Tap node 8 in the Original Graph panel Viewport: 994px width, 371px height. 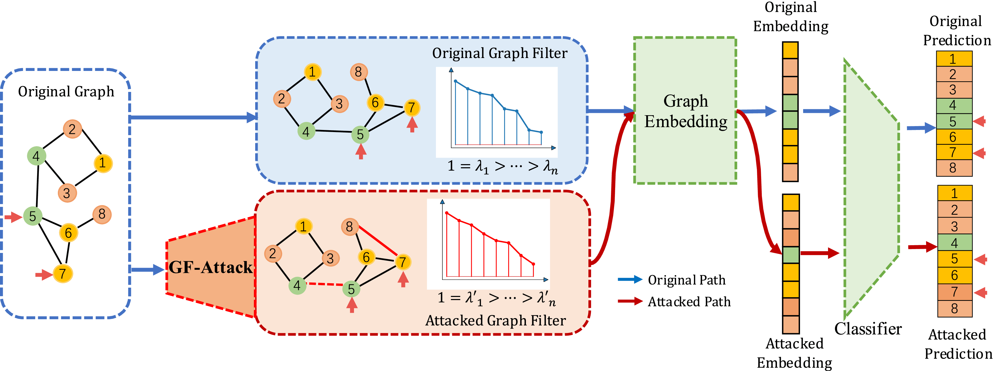pos(102,214)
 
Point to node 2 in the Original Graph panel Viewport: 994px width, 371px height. pos(72,129)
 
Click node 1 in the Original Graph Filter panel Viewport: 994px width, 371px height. pos(312,72)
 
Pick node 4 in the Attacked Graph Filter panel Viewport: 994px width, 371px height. pos(297,286)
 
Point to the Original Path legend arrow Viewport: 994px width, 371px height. pos(630,280)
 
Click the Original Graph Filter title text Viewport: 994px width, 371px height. pos(500,53)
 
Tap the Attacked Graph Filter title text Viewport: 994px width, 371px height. pos(496,321)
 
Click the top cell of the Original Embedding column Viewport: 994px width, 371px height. pos(790,50)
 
